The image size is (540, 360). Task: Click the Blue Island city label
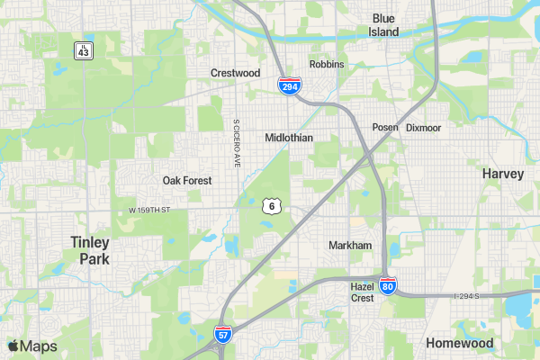coord(383,24)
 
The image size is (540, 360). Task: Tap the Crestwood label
coord(235,73)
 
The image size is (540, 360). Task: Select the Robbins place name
coord(327,65)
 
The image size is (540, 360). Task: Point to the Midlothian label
coord(289,138)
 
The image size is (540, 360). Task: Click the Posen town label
coord(385,128)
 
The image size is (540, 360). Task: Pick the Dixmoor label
coord(424,128)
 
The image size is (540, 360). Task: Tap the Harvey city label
coord(502,173)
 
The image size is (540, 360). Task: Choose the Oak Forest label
coord(187,180)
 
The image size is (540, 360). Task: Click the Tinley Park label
coord(90,250)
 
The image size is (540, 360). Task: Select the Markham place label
coord(350,245)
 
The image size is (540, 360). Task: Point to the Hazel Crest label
coord(362,292)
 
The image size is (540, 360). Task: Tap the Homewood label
coord(460,343)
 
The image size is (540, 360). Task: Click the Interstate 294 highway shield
coord(289,86)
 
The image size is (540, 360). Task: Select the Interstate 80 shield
coord(387,287)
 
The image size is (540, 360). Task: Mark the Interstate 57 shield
coord(222,335)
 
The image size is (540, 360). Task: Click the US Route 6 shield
coord(271,206)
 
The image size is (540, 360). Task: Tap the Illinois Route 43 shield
coord(83,50)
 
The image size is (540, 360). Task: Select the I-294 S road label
coord(469,295)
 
